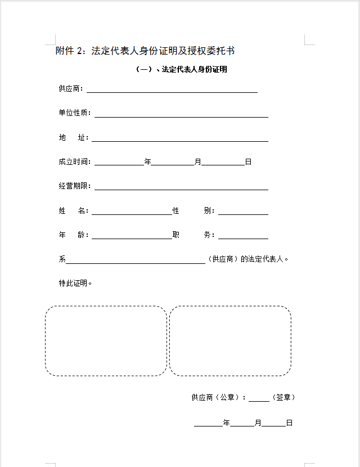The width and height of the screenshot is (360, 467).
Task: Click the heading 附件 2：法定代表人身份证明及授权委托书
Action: [145, 51]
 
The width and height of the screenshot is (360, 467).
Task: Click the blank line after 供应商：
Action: [172, 89]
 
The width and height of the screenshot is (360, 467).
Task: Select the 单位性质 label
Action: [74, 113]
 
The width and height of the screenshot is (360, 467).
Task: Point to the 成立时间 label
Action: [74, 162]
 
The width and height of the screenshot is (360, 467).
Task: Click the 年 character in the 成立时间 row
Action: [148, 162]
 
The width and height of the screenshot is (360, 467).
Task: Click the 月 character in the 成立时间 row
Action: [197, 162]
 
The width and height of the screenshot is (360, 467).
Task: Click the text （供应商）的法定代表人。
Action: [248, 259]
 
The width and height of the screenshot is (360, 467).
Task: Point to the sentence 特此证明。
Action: [75, 283]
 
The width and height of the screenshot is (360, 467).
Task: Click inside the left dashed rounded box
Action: [106, 341]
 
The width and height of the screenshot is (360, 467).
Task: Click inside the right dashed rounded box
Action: [230, 341]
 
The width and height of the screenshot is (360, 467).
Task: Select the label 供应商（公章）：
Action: [219, 397]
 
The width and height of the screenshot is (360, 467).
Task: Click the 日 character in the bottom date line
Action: [289, 423]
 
